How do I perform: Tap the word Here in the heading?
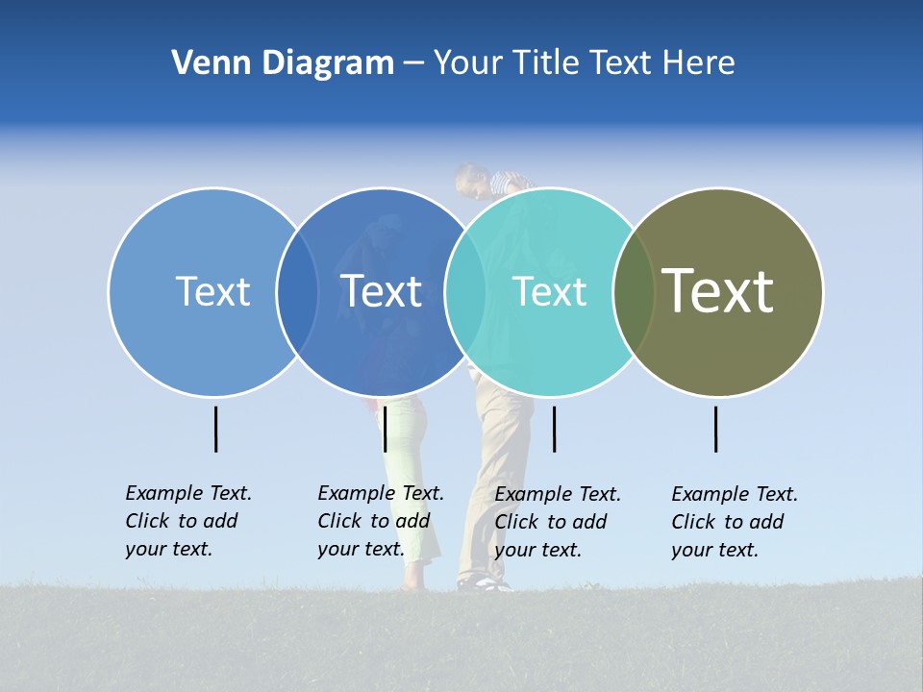699,62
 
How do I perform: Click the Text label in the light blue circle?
212,291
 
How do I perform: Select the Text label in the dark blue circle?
382,291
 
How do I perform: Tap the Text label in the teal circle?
549,291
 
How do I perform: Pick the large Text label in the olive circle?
718,290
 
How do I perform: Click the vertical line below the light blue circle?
215,429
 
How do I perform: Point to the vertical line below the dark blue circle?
385,429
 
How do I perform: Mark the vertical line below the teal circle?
554,429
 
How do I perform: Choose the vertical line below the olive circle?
716,429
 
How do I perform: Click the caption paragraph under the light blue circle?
188,521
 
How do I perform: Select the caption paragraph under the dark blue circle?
381,521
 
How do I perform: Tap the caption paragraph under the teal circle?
558,522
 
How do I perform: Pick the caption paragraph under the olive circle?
735,522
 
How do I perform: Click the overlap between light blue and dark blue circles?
297,291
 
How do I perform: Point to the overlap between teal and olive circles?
634,291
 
